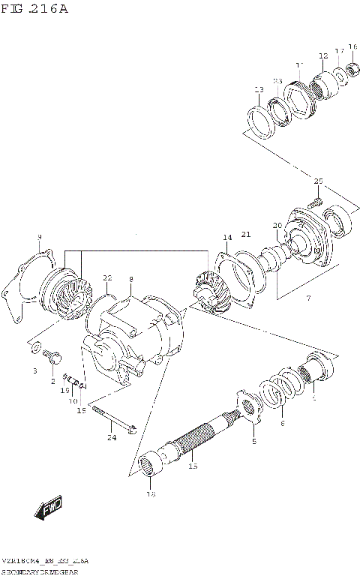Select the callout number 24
click(111, 438)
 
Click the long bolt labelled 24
click(112, 420)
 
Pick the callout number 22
click(107, 278)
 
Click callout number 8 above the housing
click(130, 279)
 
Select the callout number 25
click(318, 182)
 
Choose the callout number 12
click(323, 56)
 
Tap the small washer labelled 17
click(340, 73)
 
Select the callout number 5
click(253, 442)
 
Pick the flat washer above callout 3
click(35, 347)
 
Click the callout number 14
click(226, 238)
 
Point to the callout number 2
click(52, 381)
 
